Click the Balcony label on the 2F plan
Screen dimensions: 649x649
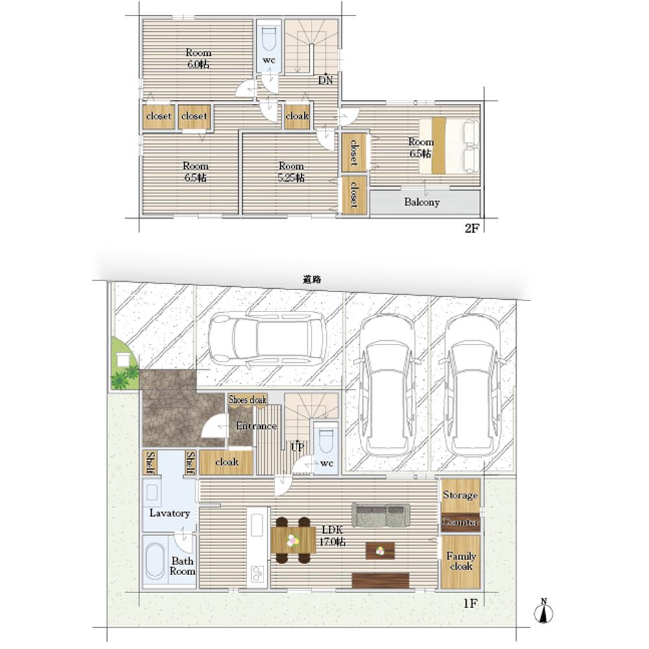point(421,202)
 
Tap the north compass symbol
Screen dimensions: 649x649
point(543,611)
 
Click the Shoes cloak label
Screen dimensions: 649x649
point(247,399)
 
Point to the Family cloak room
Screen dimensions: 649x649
point(461,561)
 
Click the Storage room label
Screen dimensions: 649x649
point(460,495)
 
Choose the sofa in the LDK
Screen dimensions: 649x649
point(381,515)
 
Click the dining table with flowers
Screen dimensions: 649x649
point(293,540)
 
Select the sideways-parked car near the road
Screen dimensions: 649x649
point(267,338)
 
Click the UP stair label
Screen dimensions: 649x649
point(297,447)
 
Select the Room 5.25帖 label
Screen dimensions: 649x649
point(291,172)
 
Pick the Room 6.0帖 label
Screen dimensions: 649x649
point(198,58)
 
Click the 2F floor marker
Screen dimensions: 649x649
point(472,228)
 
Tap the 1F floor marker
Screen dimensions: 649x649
point(470,604)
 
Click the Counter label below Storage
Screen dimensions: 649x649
point(460,522)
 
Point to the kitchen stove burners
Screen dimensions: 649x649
point(257,572)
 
